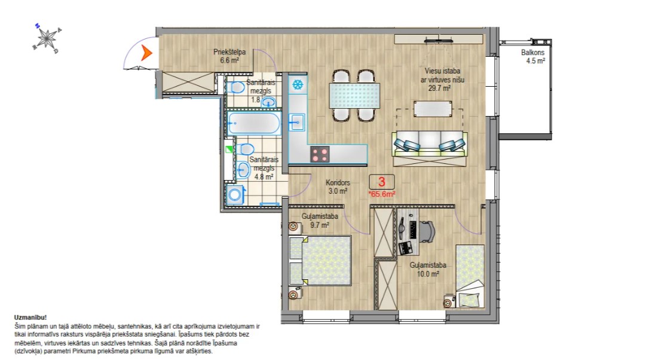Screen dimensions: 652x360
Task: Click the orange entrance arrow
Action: pos(146,53)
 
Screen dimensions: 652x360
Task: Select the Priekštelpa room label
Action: pos(229,52)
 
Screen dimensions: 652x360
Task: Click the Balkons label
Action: pos(532,53)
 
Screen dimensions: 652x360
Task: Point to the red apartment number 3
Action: pos(381,181)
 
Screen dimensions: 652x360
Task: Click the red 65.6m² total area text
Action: pos(382,194)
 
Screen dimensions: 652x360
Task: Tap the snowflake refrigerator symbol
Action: pos(298,85)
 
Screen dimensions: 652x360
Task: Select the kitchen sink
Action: pos(297,123)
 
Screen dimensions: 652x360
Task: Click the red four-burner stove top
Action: pos(320,154)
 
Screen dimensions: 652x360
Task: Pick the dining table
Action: pos(354,96)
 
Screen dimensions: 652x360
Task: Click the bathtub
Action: pos(254,123)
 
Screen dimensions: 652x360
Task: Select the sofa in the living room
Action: pos(430,149)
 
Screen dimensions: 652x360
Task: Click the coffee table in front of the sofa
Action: pos(433,109)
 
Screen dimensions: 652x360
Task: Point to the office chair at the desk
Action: pos(427,231)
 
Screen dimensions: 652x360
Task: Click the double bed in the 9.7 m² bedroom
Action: pos(320,261)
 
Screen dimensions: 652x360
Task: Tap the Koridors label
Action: pos(338,182)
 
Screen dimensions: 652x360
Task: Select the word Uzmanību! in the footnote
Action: pos(30,318)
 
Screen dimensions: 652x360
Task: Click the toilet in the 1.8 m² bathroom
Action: pos(237,87)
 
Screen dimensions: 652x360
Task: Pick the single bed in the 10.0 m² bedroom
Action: pos(470,276)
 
